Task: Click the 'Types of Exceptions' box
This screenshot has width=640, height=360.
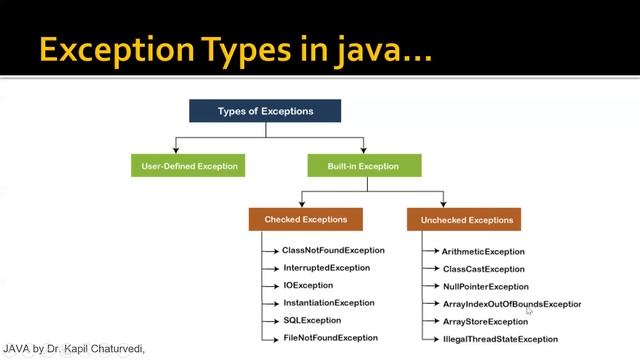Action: tap(265, 110)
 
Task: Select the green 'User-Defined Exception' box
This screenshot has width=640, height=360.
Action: tap(188, 164)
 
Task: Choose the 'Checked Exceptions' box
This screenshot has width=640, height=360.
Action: tap(305, 219)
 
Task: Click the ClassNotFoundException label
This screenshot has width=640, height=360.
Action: tap(333, 250)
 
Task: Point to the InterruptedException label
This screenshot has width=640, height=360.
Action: tap(326, 268)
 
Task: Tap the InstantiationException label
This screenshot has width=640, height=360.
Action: tap(328, 303)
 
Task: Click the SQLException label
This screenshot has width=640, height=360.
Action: tap(312, 320)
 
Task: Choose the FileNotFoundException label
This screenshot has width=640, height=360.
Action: tap(330, 338)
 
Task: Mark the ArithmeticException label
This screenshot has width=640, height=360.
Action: tap(483, 252)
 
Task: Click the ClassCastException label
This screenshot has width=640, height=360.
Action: tap(483, 269)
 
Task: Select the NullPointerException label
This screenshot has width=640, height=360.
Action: tap(485, 286)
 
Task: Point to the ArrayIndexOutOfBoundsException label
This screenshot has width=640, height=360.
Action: tap(511, 304)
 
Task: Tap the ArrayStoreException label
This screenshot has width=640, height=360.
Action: tap(485, 321)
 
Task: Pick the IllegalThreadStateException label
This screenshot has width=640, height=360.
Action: tap(500, 339)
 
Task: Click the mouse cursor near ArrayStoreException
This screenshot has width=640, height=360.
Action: tap(529, 312)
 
